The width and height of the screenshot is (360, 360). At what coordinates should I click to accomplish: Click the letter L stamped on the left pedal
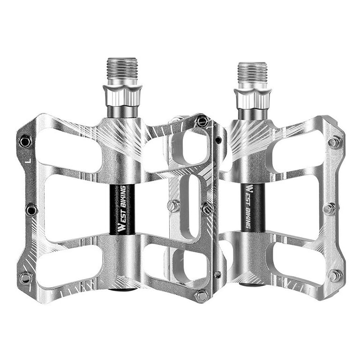29,160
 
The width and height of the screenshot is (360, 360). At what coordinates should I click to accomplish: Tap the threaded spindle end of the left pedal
122,68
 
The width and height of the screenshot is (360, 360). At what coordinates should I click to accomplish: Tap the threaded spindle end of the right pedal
253,72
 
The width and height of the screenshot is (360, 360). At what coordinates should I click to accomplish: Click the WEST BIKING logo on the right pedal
250,206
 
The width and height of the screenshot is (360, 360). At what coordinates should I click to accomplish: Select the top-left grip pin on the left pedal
25,142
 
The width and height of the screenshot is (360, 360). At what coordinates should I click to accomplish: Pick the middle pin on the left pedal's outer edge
31,210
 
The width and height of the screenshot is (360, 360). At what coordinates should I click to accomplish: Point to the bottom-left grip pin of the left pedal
25,278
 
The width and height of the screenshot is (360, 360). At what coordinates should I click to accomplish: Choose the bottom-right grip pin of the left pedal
202,296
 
